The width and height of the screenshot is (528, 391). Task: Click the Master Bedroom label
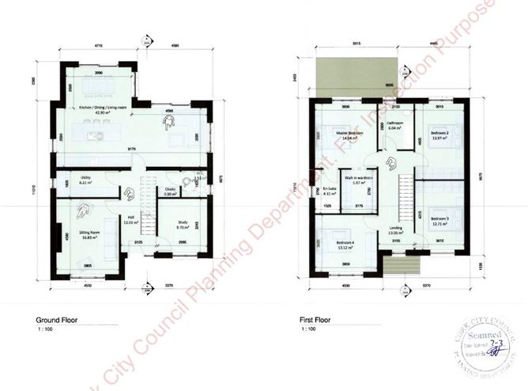(349, 134)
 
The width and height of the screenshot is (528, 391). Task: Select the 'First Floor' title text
(314, 321)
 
